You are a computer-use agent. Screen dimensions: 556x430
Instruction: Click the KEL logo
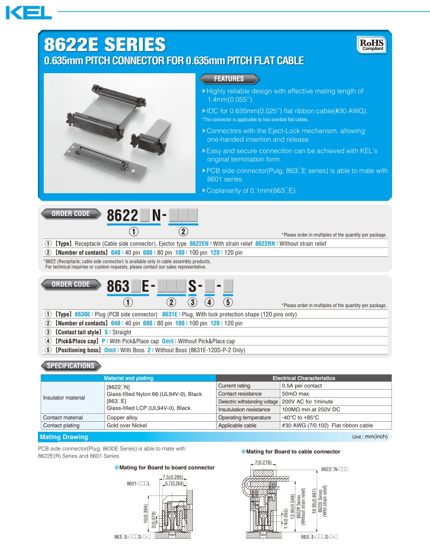click(x=28, y=13)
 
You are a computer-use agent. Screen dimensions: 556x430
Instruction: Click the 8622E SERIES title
click(x=104, y=44)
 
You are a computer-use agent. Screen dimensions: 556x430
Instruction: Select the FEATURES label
click(x=229, y=79)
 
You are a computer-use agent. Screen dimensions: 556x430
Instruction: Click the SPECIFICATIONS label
click(x=70, y=366)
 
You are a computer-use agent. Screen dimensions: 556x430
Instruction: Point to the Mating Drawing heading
click(x=64, y=437)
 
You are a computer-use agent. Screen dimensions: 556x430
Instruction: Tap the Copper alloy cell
click(x=122, y=418)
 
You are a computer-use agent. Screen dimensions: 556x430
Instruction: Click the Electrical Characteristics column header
click(x=304, y=378)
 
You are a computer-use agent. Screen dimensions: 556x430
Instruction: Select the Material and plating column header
click(x=129, y=378)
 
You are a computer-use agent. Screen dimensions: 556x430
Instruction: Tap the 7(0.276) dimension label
click(x=263, y=462)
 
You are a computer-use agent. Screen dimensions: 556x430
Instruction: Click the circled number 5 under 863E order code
click(x=228, y=302)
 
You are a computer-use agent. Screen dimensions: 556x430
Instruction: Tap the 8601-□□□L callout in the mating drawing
click(x=138, y=483)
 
